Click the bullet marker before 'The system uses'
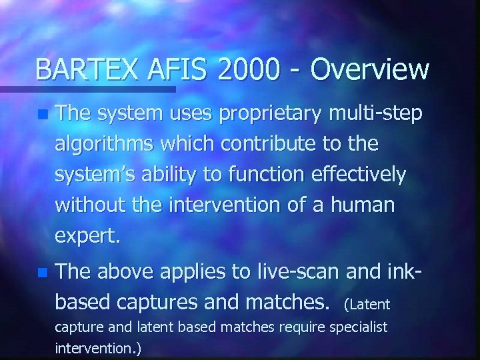coord(43,115)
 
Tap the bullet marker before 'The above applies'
coord(43,273)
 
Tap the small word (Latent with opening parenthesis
coord(366,305)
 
